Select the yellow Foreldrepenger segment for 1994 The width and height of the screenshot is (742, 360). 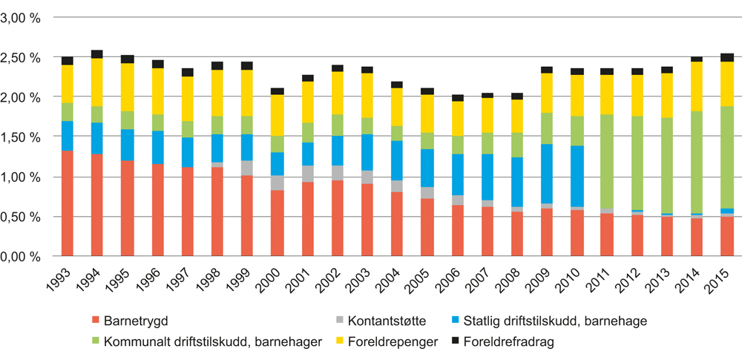click(x=96, y=82)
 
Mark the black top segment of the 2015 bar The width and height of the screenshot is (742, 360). click(x=727, y=57)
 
